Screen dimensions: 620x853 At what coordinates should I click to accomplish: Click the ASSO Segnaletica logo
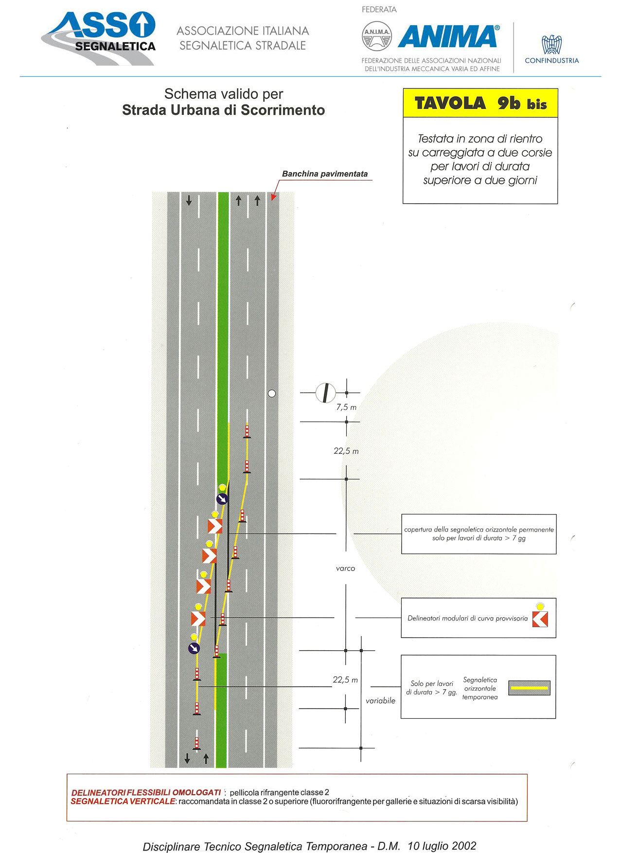pyautogui.click(x=98, y=38)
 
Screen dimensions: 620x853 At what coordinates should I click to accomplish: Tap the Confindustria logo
pyautogui.click(x=552, y=49)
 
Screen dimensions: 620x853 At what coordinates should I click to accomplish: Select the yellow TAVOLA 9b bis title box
pyautogui.click(x=480, y=103)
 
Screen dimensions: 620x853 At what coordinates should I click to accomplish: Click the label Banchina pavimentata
pyautogui.click(x=325, y=174)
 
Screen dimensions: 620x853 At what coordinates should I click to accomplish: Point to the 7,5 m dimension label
pyautogui.click(x=346, y=408)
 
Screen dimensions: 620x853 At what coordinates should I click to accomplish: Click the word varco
pyautogui.click(x=345, y=568)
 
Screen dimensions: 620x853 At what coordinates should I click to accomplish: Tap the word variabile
pyautogui.click(x=380, y=701)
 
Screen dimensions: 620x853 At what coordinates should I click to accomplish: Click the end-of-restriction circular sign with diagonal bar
pyautogui.click(x=326, y=393)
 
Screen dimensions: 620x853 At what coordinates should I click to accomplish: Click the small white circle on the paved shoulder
pyautogui.click(x=272, y=393)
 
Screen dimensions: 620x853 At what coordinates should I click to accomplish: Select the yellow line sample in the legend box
pyautogui.click(x=529, y=688)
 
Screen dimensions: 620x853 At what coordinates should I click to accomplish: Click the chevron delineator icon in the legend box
pyautogui.click(x=540, y=619)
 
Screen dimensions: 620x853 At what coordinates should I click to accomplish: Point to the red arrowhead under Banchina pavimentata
pyautogui.click(x=273, y=197)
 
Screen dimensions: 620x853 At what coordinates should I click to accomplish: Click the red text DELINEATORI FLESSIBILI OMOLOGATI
pyautogui.click(x=146, y=793)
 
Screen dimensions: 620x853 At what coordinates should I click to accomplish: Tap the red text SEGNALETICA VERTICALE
pyautogui.click(x=123, y=801)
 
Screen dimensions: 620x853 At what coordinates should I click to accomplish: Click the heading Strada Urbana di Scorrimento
pyautogui.click(x=223, y=110)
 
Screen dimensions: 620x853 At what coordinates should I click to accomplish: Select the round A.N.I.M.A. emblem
pyautogui.click(x=377, y=36)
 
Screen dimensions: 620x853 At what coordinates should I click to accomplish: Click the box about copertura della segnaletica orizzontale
pyautogui.click(x=479, y=534)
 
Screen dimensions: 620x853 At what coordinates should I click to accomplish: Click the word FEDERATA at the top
pyautogui.click(x=379, y=9)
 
